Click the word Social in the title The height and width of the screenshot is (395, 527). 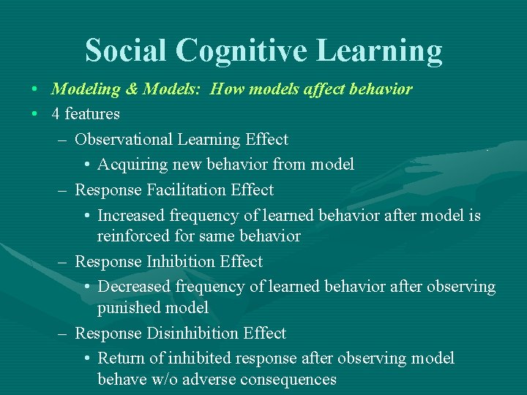point(125,51)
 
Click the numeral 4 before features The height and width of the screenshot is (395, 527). point(56,114)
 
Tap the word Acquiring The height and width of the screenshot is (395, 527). point(131,165)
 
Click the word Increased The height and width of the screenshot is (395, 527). point(131,216)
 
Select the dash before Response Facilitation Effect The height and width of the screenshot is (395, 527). point(64,190)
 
